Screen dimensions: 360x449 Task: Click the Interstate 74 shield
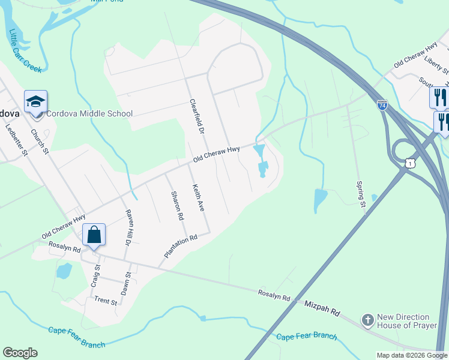tap(382, 105)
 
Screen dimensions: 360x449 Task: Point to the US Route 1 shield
tap(410, 163)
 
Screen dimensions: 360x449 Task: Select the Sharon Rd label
tap(176, 206)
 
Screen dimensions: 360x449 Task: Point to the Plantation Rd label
tap(181, 247)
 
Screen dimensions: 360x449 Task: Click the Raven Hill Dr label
tap(127, 227)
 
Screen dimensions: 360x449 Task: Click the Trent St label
tap(106, 301)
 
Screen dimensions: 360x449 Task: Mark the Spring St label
tap(361, 194)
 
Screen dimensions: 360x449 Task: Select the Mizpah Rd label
tap(322, 309)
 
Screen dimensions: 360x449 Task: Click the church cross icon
tap(368, 321)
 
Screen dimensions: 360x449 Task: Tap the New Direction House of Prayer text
tap(403, 321)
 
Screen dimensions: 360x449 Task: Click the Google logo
tap(20, 353)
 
